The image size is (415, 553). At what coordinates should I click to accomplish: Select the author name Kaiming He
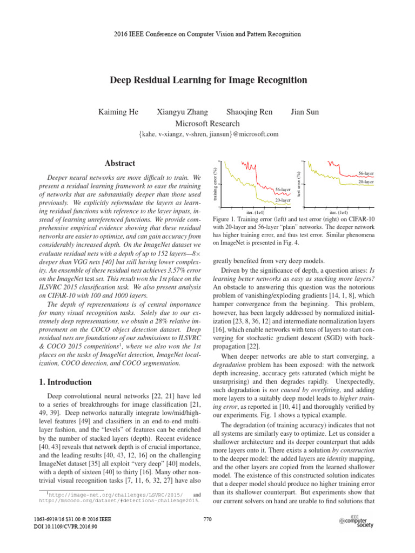118,112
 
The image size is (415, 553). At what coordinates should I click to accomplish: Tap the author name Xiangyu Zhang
182,112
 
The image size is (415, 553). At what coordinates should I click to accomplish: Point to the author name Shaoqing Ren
249,112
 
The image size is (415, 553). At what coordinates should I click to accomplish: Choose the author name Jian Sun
305,112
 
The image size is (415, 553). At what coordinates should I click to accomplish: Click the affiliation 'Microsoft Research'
207,124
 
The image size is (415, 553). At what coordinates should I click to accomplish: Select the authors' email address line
208,134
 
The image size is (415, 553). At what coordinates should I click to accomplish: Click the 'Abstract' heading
120,164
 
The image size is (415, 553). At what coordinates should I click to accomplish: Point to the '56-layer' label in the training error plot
283,190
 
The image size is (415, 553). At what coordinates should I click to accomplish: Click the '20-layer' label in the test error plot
366,182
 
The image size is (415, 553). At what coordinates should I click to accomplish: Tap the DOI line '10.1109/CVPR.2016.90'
65,527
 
